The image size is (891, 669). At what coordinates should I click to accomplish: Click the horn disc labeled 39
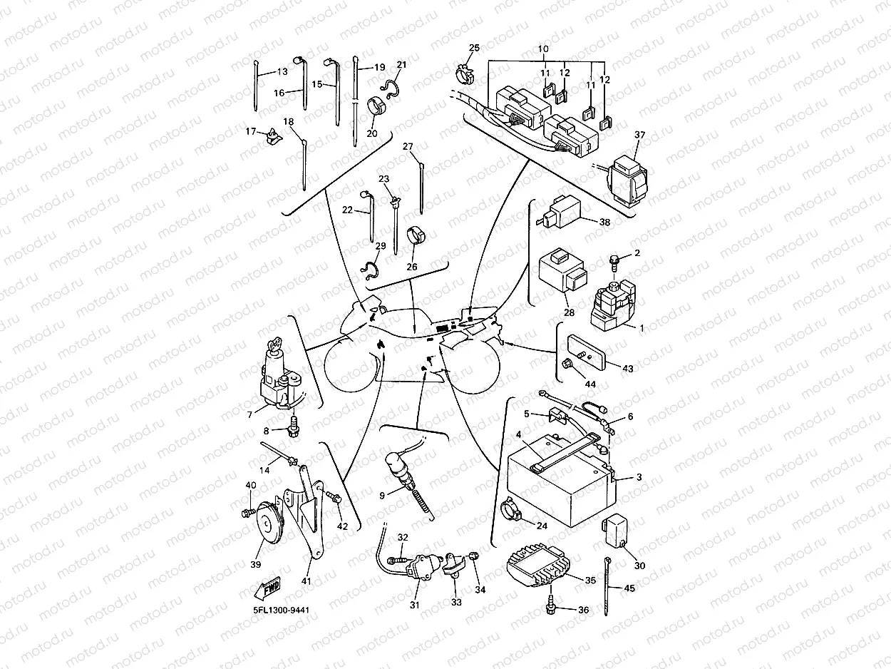click(269, 524)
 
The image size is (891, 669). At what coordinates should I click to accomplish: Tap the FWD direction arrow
click(267, 588)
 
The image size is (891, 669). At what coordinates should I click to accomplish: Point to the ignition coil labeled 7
click(277, 374)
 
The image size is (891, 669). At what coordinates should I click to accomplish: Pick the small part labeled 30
click(617, 528)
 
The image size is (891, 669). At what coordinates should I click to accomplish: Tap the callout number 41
click(307, 581)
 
